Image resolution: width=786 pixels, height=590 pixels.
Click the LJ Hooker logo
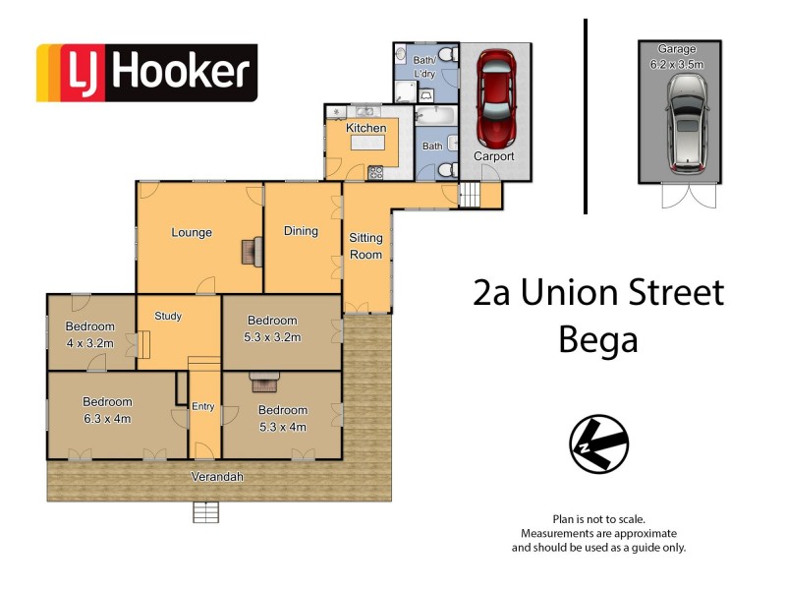tap(146, 73)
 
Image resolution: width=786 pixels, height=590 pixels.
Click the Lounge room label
tap(192, 233)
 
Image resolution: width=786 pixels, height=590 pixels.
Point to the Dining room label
tap(301, 231)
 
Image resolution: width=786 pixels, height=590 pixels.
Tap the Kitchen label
tap(365, 129)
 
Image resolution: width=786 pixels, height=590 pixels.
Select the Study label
tap(168, 317)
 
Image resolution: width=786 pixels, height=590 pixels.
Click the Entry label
tap(203, 406)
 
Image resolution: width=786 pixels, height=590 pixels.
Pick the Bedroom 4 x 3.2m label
tap(90, 335)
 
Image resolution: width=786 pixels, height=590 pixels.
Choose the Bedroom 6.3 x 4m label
tap(107, 410)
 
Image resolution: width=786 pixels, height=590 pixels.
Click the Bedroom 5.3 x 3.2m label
tap(272, 328)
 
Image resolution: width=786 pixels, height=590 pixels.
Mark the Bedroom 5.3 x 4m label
tap(283, 418)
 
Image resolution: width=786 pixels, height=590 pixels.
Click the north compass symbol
tap(598, 443)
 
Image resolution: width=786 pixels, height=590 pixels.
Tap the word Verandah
tap(217, 477)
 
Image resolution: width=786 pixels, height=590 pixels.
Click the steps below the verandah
tap(205, 511)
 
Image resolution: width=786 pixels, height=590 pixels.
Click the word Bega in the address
tap(597, 339)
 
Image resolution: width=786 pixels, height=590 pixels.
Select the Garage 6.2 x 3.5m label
tap(679, 57)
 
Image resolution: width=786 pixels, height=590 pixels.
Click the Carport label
tap(494, 156)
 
